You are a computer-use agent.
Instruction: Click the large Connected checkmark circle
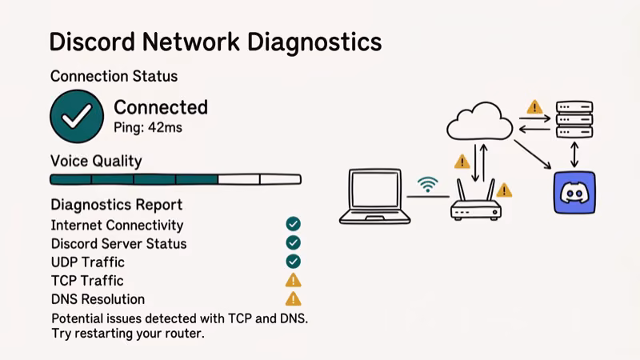point(77,116)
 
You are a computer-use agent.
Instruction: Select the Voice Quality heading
point(96,161)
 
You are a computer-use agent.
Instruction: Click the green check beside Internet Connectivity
point(293,224)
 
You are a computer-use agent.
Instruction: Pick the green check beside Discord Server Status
point(293,242)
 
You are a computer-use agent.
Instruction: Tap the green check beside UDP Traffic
point(293,261)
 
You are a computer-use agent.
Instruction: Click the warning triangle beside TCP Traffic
point(293,280)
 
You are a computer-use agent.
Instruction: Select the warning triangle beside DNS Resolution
point(293,298)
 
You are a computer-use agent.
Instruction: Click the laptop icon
point(374,196)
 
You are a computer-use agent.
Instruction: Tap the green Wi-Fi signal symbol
point(429,185)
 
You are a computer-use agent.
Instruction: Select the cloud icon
point(479,122)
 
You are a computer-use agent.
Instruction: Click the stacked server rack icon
point(574,119)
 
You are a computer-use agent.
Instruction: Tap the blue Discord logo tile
point(574,193)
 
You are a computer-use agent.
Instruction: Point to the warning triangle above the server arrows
point(534,107)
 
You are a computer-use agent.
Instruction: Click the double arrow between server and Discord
point(574,154)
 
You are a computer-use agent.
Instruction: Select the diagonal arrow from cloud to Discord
point(533,154)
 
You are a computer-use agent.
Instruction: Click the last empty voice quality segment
point(280,179)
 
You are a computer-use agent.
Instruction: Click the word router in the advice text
point(182,334)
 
